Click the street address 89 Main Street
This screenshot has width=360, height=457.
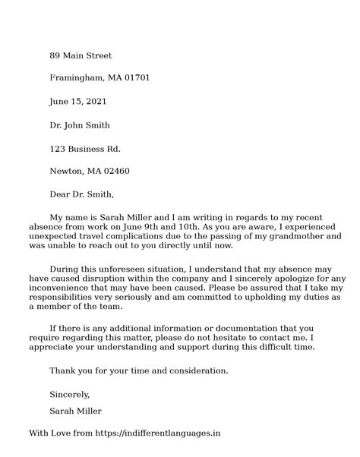coord(81,55)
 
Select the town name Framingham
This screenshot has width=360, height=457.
coord(77,78)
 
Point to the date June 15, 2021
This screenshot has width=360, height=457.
coord(77,102)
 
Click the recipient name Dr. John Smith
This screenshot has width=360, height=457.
coord(80,125)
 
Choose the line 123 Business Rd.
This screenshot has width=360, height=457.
coord(84,148)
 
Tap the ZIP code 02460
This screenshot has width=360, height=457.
coord(115,171)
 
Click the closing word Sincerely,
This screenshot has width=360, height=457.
coord(70,394)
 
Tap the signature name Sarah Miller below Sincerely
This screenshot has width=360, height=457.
coord(75,411)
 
